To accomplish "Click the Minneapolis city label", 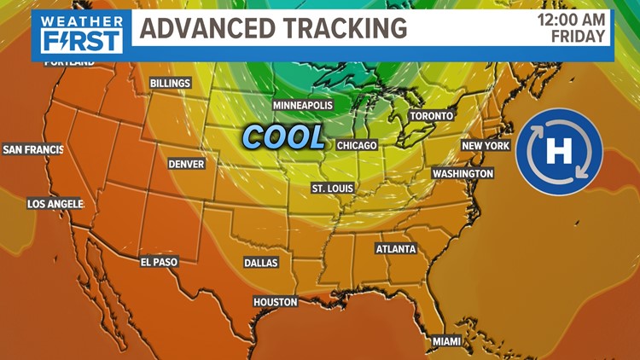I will (302, 105).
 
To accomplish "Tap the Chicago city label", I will (357, 146).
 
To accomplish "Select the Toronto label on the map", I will (432, 115).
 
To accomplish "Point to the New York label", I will (486, 146).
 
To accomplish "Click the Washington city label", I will (463, 173).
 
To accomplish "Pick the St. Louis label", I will (332, 188).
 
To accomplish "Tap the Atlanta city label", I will (396, 249).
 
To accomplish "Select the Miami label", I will (445, 341).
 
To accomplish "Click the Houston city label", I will (276, 302).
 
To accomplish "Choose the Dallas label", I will (261, 263).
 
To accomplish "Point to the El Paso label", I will (159, 262).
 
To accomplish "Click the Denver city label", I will (186, 163).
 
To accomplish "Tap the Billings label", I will (170, 84).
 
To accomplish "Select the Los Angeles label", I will (55, 204).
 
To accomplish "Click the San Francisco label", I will (33, 149).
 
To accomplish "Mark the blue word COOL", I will (283, 136).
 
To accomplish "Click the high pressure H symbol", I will (559, 153).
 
